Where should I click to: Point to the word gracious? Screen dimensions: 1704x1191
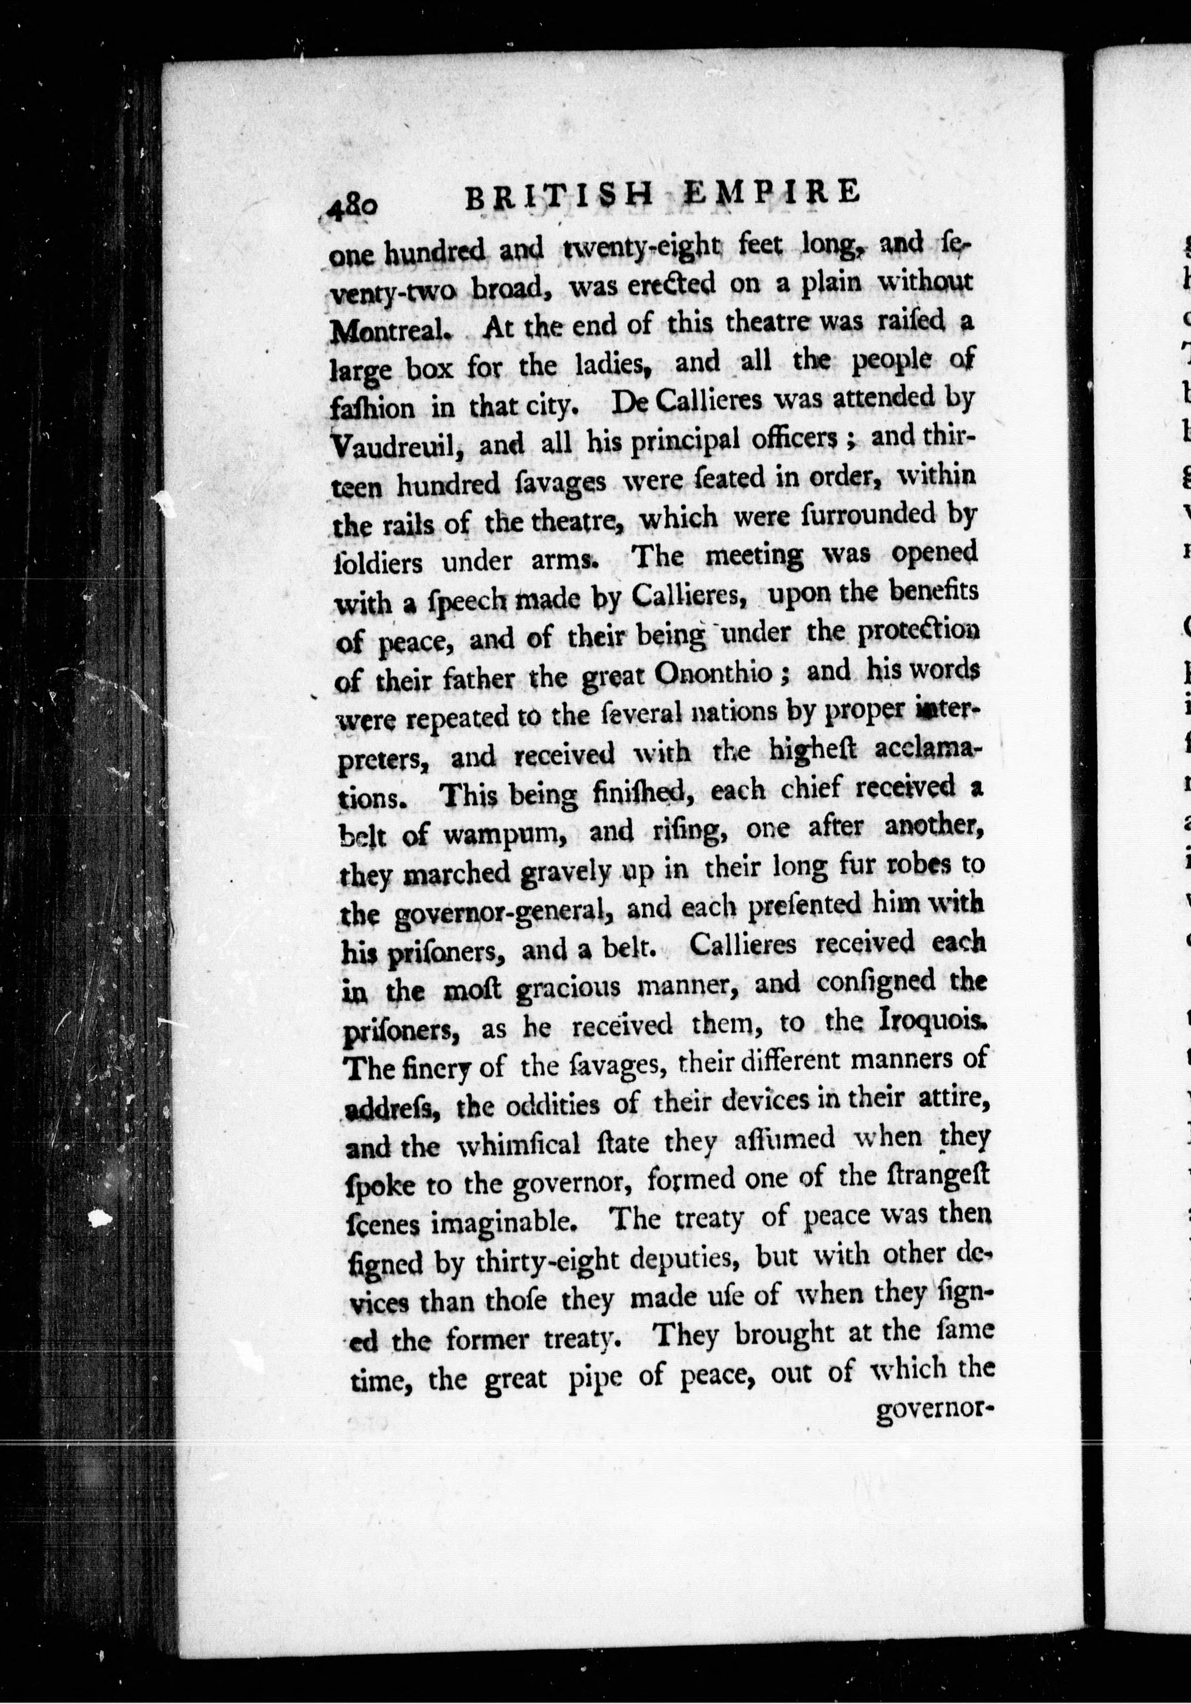pos(576,991)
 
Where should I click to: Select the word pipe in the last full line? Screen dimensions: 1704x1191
pos(596,1379)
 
